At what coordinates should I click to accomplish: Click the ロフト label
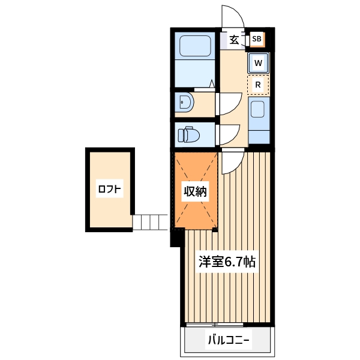pos(110,190)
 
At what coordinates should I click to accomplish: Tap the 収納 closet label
pos(195,192)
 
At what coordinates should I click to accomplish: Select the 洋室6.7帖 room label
pos(227,262)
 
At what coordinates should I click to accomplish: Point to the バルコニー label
pos(229,341)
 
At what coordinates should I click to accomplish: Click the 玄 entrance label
pos(234,40)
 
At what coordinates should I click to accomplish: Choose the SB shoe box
pos(257,40)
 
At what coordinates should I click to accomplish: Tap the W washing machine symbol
pos(258,62)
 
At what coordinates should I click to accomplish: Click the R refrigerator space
pos(258,85)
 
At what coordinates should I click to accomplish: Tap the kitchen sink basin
pos(258,110)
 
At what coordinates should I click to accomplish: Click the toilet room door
pos(228,133)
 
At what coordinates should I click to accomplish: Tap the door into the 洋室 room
pos(232,162)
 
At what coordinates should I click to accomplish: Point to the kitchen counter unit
pos(259,120)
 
